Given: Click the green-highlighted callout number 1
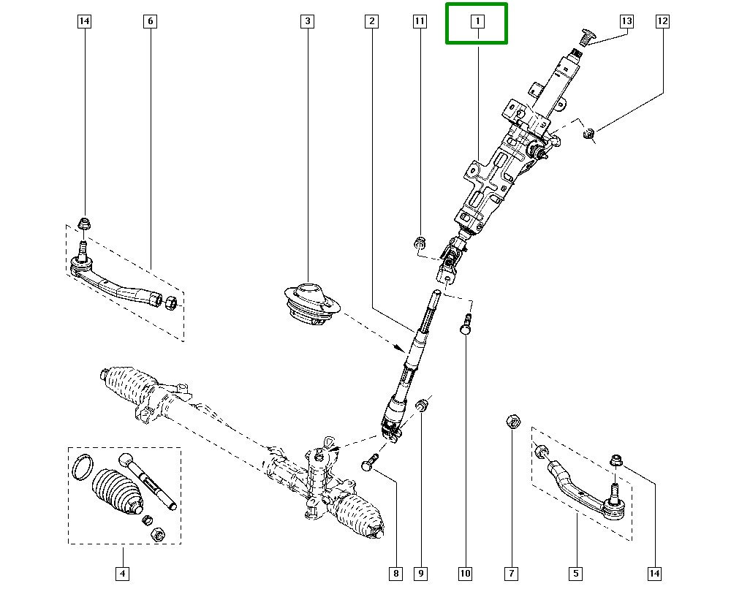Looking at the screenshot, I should coord(477,22).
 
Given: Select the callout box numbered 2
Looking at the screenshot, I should coord(372,22).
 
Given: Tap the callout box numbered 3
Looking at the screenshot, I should coord(307,22).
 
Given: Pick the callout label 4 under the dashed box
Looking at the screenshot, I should coord(122,574).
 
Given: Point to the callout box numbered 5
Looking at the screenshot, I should coord(576,574).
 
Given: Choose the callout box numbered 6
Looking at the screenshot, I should coord(150,22).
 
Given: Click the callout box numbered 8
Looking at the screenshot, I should coord(395,574).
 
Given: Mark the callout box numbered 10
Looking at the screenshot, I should coord(465,574).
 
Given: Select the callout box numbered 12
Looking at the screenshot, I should coord(662,22).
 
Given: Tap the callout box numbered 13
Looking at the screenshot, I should coord(626,22).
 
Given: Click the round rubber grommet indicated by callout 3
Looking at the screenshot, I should coord(308,302).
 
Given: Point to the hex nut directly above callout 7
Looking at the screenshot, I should coord(512,421).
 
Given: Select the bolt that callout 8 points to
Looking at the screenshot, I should coord(369,462).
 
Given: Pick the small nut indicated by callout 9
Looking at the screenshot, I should coord(422,405).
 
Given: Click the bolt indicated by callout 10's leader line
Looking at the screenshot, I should coord(465,324).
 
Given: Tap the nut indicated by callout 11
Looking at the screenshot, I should coord(420,243).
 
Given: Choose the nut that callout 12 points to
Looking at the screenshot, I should coord(588,133).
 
